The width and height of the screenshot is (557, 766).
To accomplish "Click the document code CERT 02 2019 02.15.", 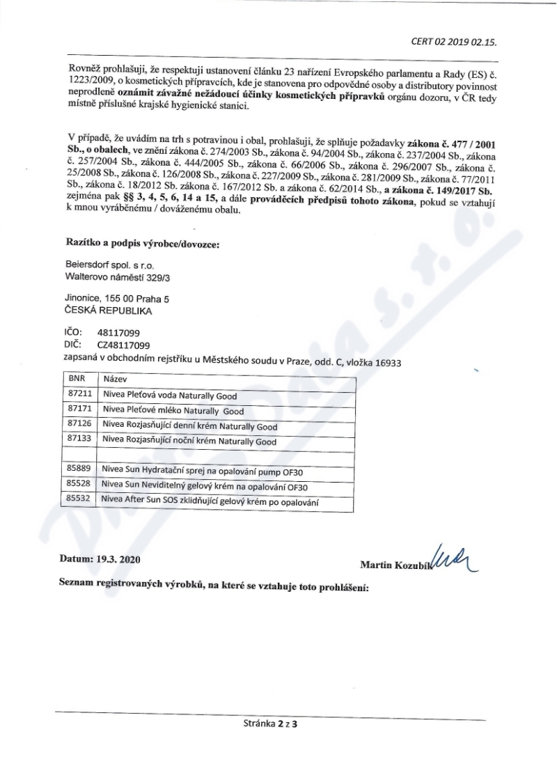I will (x=454, y=42).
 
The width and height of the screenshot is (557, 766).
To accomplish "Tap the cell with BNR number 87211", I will (x=77, y=395).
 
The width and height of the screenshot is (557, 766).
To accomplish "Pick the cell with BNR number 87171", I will (x=77, y=411).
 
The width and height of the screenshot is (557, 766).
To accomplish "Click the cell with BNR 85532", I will (x=77, y=501).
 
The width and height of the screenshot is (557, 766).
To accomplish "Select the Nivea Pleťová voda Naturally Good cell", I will (x=170, y=395).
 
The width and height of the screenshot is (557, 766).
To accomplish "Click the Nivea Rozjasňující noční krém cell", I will (x=189, y=441).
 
